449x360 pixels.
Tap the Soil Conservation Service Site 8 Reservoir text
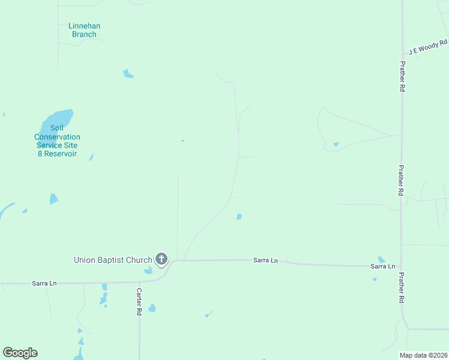click(x=57, y=141)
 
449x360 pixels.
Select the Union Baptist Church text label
click(x=113, y=260)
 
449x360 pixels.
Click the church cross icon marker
click(x=161, y=259)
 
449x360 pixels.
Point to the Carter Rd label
click(x=138, y=302)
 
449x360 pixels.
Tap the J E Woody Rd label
click(x=428, y=47)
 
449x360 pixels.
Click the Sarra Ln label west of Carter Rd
click(x=44, y=283)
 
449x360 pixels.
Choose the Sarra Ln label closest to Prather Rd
click(x=382, y=266)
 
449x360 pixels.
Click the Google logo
click(x=20, y=353)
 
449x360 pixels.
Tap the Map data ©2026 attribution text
click(x=424, y=355)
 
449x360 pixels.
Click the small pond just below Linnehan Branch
click(x=128, y=74)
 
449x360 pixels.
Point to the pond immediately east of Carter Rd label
click(x=152, y=308)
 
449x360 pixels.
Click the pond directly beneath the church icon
click(x=148, y=271)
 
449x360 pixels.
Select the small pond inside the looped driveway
click(x=336, y=144)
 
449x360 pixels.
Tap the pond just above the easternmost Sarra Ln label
click(x=382, y=259)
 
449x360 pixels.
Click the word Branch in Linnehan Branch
click(x=84, y=34)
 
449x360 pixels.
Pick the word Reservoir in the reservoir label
click(x=58, y=154)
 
